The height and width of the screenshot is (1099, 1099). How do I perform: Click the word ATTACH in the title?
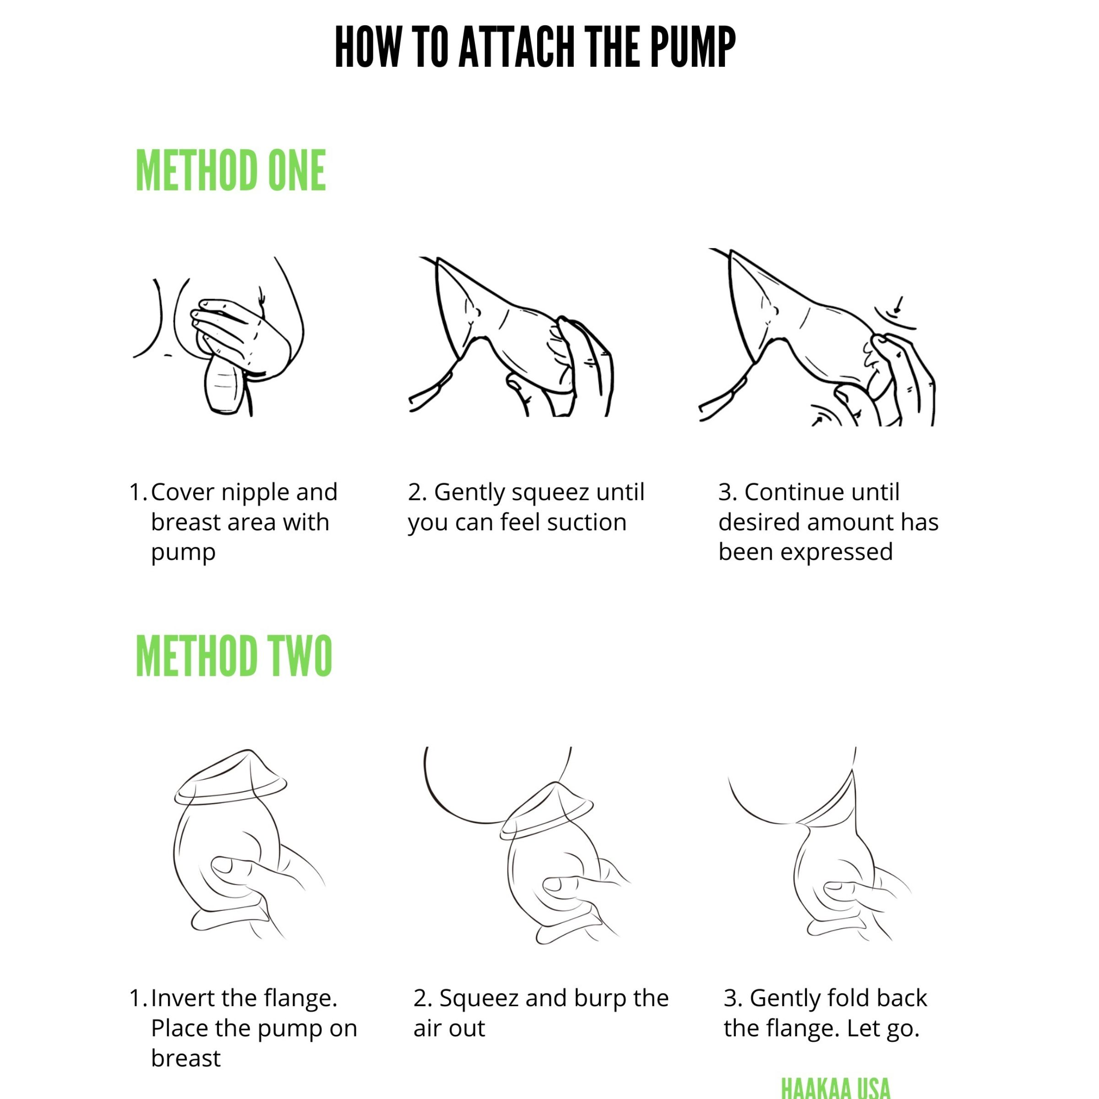pos(517,48)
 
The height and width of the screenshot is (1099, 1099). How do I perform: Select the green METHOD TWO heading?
pos(234,655)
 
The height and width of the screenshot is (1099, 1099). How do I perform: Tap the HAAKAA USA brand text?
pos(836,1088)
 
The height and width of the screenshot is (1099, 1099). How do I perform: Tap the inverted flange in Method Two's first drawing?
pos(230,777)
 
